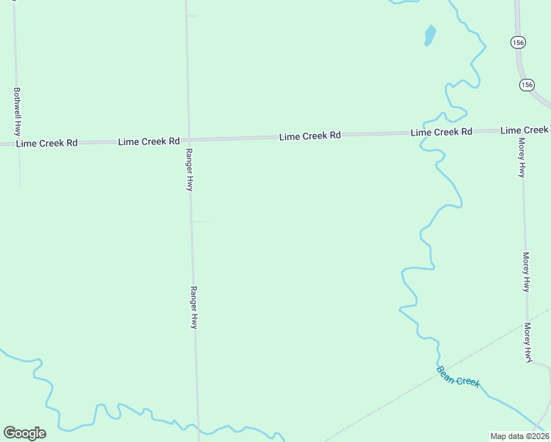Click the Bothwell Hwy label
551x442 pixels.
(17, 110)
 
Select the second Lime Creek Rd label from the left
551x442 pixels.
(149, 141)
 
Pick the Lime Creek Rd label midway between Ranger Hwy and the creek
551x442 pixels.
(309, 136)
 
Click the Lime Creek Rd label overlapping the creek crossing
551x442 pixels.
(441, 132)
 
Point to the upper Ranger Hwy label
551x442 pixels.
(189, 169)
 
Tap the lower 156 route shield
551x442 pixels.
(526, 85)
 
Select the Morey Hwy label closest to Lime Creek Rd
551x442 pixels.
(522, 158)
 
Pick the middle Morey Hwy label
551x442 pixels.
(526, 272)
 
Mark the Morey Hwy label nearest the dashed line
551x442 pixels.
(528, 342)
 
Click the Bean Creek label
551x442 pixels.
(457, 376)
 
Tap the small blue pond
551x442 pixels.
(429, 35)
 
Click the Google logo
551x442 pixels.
(24, 432)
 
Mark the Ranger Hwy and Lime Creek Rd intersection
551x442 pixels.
(189, 139)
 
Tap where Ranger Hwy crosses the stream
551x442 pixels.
(197, 427)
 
